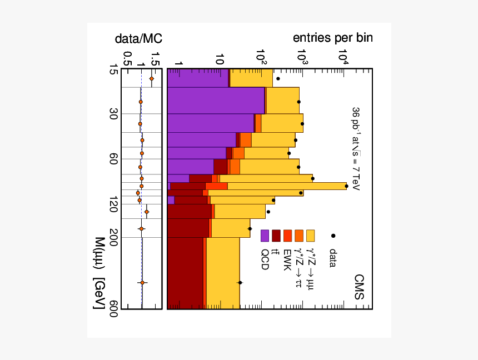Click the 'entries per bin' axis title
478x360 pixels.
(333, 38)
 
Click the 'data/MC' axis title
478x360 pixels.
(138, 38)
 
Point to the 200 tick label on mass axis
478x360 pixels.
(113, 237)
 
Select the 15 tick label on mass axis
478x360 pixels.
(113, 70)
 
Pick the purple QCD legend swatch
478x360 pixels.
(265, 236)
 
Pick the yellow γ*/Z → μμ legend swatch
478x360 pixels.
(310, 236)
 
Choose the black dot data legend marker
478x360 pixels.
(333, 236)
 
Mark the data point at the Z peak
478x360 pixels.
(346, 186)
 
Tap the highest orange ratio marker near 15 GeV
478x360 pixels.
(151, 79)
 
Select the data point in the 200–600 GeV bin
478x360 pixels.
(240, 283)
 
